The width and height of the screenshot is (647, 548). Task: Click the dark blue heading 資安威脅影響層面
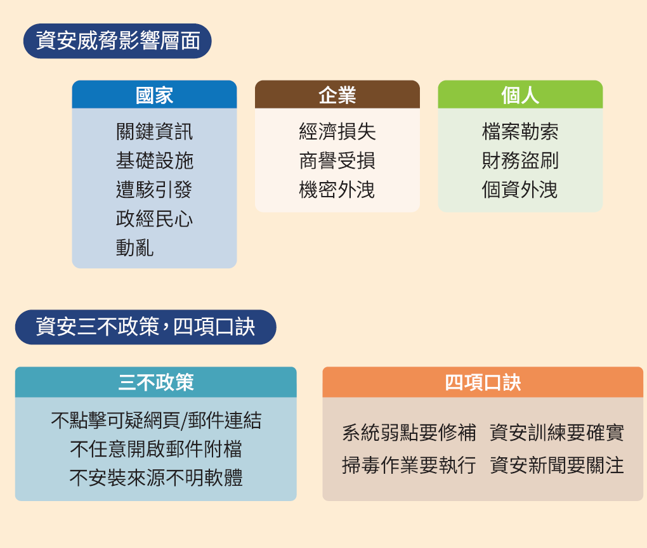(x=117, y=41)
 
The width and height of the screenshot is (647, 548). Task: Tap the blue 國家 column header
(x=154, y=95)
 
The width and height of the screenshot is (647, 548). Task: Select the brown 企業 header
(x=337, y=95)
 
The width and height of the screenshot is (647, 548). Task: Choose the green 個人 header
(x=520, y=95)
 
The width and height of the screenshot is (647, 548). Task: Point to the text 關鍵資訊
(x=154, y=132)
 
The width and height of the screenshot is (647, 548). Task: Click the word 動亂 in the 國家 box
(x=134, y=247)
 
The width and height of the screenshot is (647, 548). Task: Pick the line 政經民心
(x=154, y=219)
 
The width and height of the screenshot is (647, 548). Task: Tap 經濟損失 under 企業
(x=337, y=132)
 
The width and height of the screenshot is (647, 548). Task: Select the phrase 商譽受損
(x=337, y=160)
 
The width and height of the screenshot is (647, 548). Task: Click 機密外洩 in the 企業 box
(x=337, y=190)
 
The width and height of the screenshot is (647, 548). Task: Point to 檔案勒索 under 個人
(x=520, y=132)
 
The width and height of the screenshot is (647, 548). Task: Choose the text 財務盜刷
(x=520, y=160)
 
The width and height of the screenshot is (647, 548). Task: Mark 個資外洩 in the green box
(x=520, y=190)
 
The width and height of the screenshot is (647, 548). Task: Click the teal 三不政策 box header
(x=155, y=382)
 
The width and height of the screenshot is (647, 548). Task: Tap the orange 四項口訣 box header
(x=483, y=382)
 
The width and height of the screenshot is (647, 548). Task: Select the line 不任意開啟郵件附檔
(x=155, y=449)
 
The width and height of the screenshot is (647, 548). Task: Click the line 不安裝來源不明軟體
(x=155, y=478)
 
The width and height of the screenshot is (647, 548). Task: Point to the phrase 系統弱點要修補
(x=408, y=433)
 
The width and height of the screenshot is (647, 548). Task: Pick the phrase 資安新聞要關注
(x=557, y=465)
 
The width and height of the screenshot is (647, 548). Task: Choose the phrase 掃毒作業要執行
(x=408, y=465)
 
